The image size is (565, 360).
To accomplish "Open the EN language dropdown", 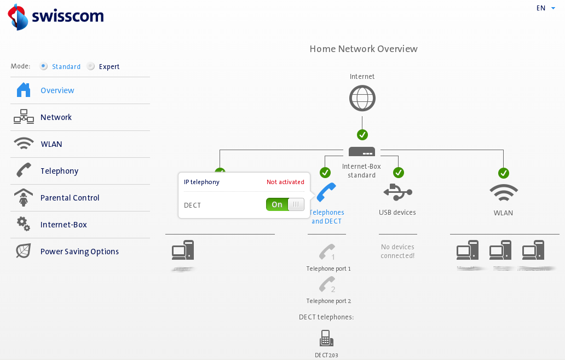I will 545,8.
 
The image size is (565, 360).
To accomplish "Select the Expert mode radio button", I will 91,66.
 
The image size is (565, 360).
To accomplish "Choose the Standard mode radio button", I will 43,66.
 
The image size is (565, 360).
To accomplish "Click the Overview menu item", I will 57,90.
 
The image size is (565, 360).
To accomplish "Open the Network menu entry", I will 56,117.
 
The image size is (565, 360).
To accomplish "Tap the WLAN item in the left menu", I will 51,144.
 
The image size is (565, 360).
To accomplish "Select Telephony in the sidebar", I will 59,171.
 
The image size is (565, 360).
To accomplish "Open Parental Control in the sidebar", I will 70,198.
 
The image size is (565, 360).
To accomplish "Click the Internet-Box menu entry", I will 64,225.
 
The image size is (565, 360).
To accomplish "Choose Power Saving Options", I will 79,252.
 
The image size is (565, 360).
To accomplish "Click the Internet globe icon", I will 362,99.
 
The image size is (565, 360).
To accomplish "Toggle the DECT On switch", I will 285,204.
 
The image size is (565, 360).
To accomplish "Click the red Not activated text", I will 285,182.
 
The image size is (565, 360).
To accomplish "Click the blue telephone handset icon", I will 326,192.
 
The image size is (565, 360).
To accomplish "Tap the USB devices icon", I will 397,192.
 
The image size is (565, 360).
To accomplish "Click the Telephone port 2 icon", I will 327,284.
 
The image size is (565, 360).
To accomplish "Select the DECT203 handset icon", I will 326,338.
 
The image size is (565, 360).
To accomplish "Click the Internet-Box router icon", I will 362,152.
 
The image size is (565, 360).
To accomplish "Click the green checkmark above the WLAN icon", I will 504,173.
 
